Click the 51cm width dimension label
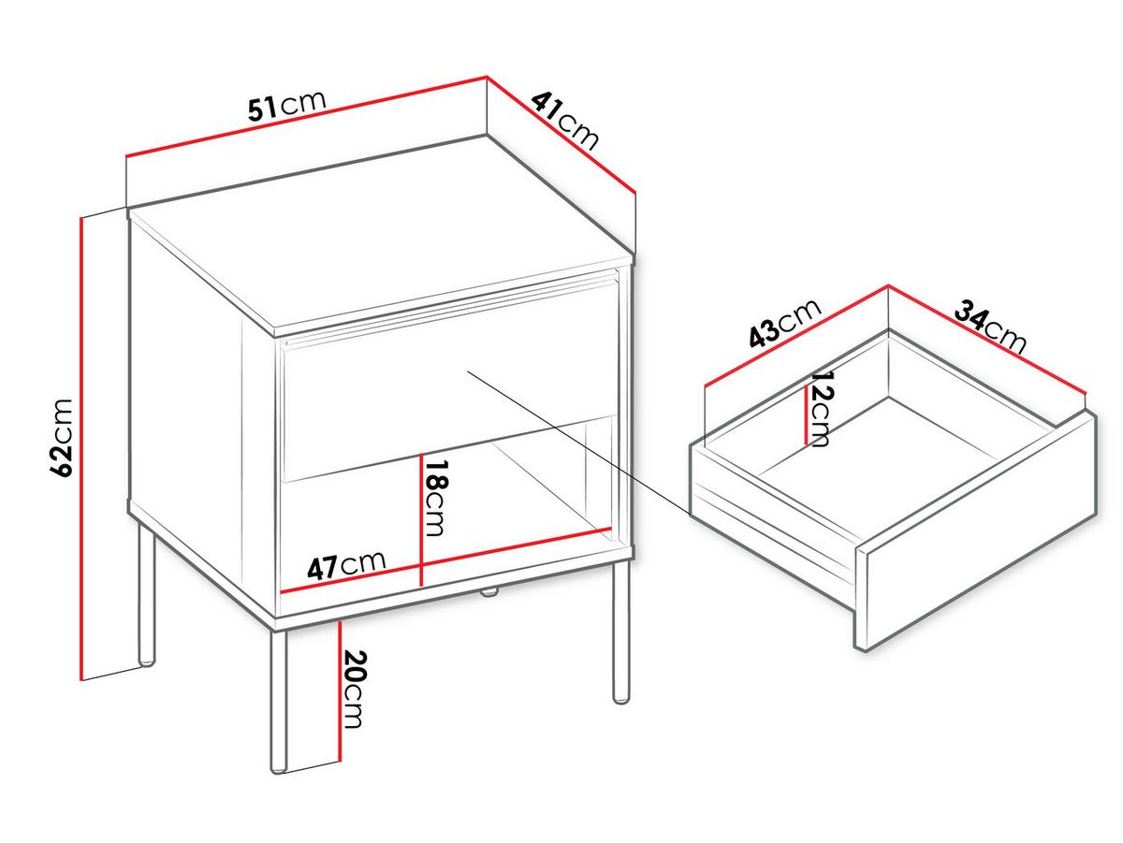[286, 107]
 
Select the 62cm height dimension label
[63, 437]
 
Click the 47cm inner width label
[346, 565]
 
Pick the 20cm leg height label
[354, 689]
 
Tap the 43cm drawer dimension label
[785, 323]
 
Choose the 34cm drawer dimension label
[990, 327]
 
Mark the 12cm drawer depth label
[821, 409]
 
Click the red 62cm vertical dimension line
[80, 449]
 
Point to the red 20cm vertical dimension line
[339, 691]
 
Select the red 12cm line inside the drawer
[807, 414]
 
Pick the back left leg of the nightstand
[146, 594]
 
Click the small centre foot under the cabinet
[489, 593]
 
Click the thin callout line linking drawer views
[579, 441]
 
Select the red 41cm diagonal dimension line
[561, 135]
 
